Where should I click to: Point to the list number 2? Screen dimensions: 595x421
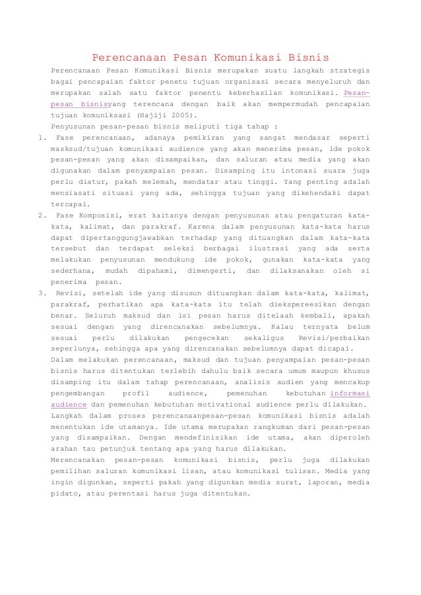[41, 215]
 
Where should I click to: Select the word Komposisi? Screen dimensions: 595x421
[102, 215]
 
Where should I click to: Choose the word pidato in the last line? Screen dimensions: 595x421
[65, 493]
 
